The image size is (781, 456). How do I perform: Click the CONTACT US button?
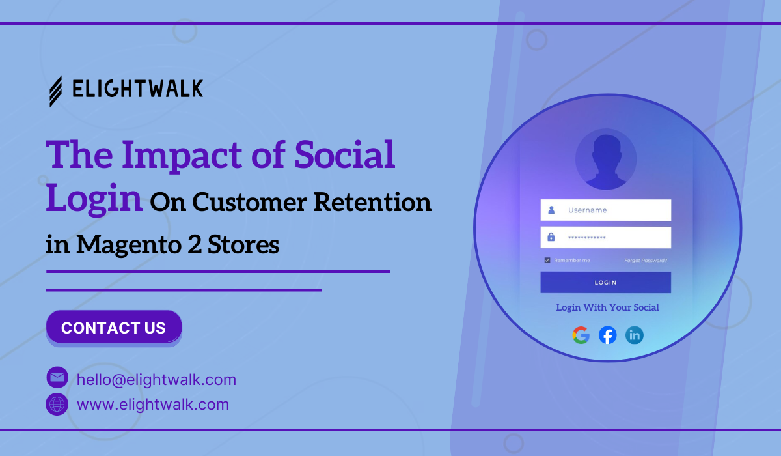(114, 327)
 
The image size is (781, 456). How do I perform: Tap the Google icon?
(581, 335)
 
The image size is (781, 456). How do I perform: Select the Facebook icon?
(607, 335)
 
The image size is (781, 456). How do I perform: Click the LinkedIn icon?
(634, 335)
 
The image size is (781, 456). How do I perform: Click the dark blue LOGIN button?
(606, 282)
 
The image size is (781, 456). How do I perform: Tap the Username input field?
(606, 210)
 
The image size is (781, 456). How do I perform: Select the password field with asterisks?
(606, 238)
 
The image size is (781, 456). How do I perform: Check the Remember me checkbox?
(547, 261)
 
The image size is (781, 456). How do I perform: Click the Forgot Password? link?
(646, 261)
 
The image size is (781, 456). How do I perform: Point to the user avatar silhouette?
(606, 160)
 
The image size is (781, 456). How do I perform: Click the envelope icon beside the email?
(57, 377)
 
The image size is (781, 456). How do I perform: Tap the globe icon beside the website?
(57, 405)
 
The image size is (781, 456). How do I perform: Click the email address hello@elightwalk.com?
(156, 380)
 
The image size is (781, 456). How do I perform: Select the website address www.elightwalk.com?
(153, 405)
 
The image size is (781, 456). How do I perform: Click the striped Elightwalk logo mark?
(56, 91)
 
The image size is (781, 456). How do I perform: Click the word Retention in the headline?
(372, 202)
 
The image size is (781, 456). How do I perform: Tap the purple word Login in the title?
(94, 199)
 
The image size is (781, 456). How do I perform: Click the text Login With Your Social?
(607, 307)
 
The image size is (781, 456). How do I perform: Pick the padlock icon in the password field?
(551, 237)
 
